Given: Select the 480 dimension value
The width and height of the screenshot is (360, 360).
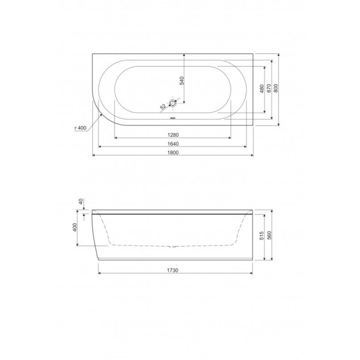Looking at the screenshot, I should click(260, 89).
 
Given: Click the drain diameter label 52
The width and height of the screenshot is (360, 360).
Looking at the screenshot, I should click(163, 107).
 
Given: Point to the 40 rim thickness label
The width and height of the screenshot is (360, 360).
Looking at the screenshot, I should click(79, 202).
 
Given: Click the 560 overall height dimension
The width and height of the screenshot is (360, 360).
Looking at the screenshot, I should click(270, 235).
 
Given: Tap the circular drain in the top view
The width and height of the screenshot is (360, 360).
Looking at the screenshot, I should click(173, 104).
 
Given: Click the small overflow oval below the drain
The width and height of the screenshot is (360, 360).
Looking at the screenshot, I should click(173, 118).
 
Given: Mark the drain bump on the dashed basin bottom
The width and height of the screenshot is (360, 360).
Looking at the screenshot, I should click(173, 246).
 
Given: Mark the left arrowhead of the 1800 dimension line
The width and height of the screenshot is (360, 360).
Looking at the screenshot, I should click(94, 156).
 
